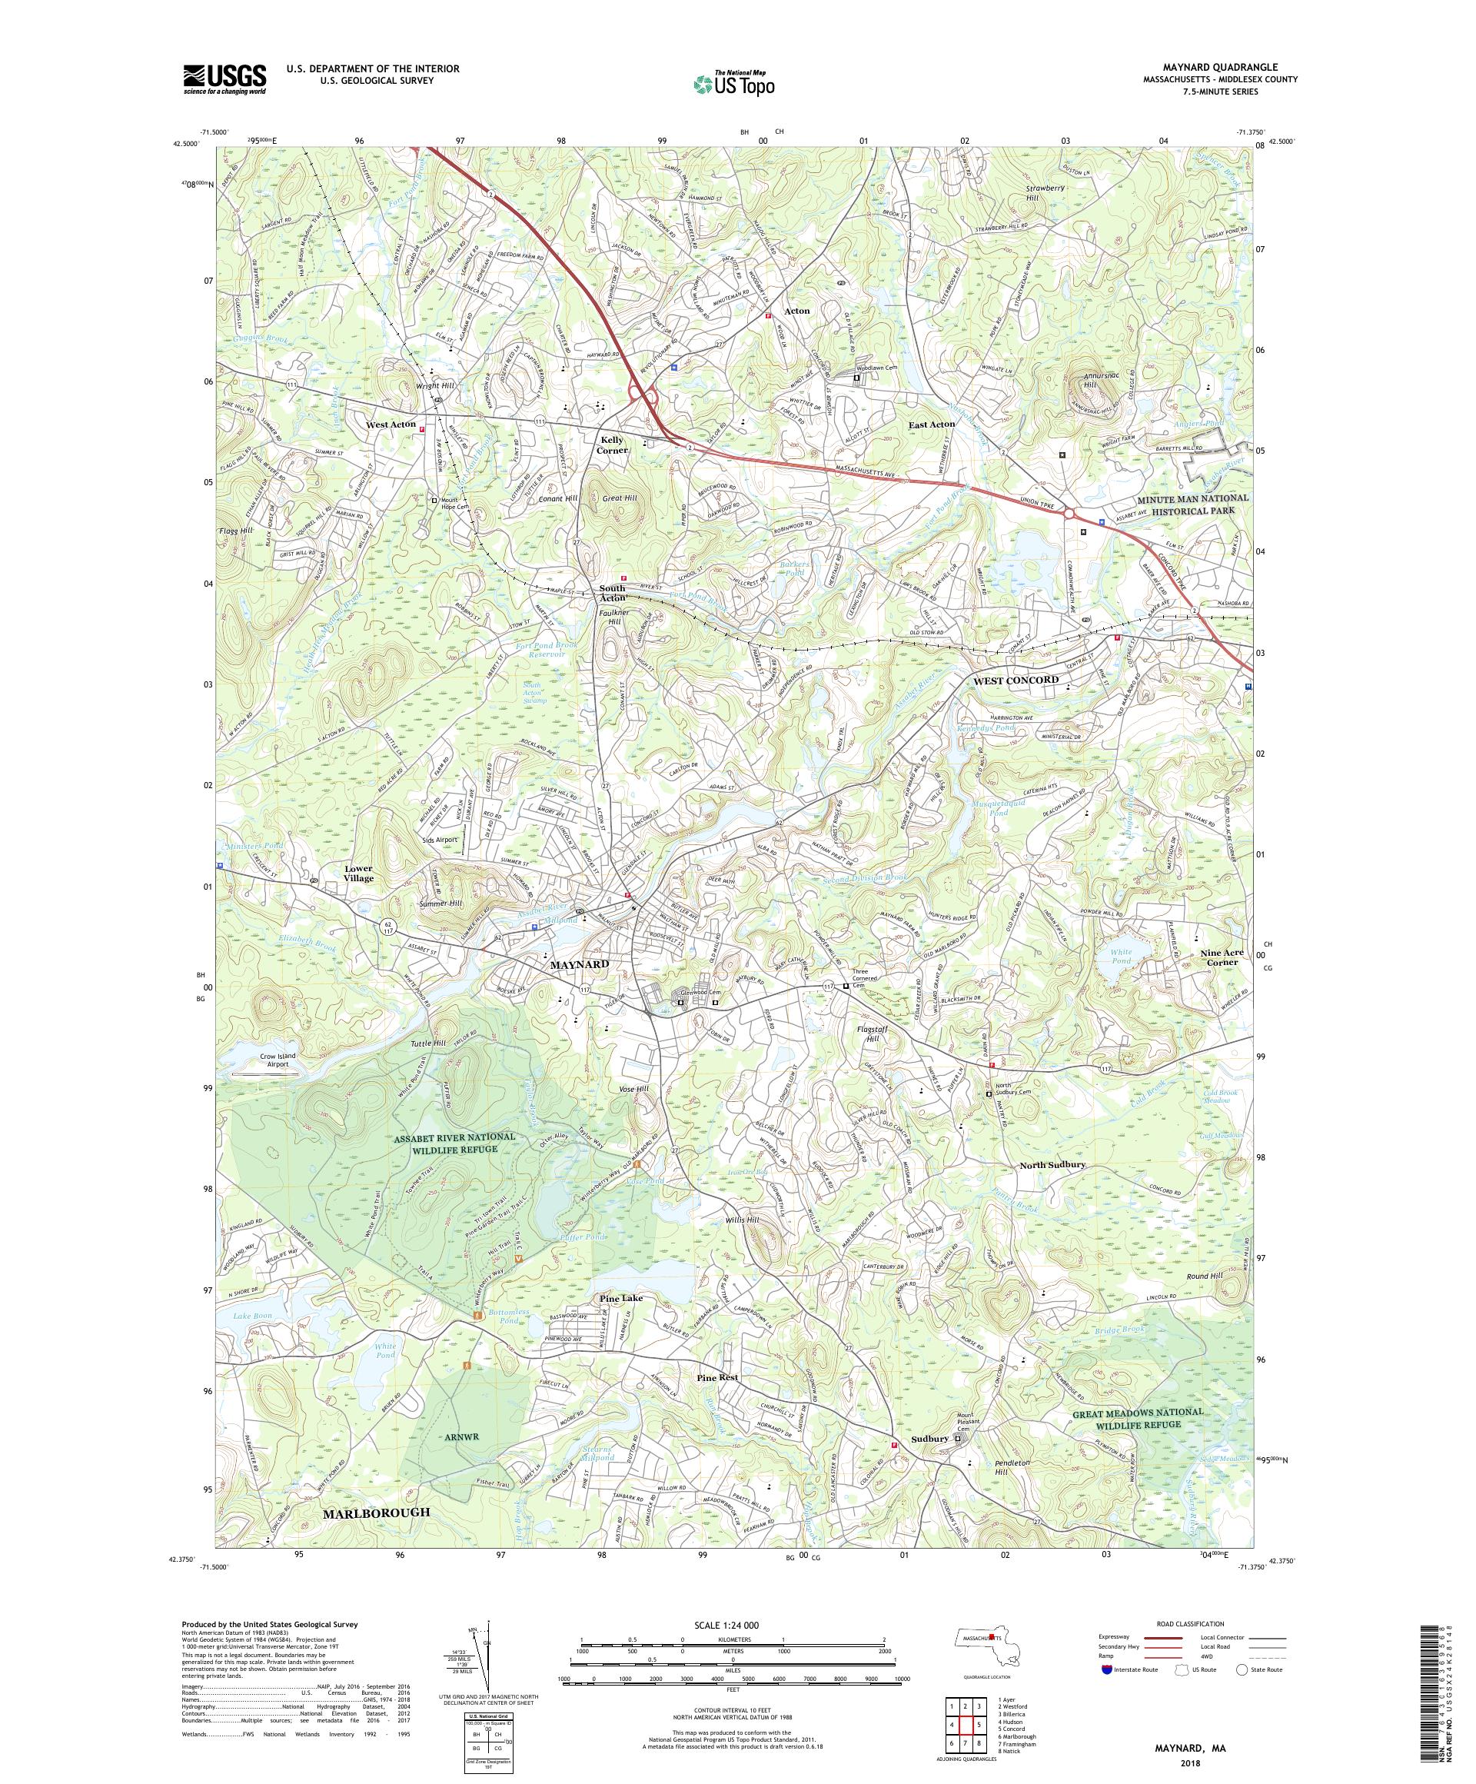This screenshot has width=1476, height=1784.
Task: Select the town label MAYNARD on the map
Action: [x=579, y=966]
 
